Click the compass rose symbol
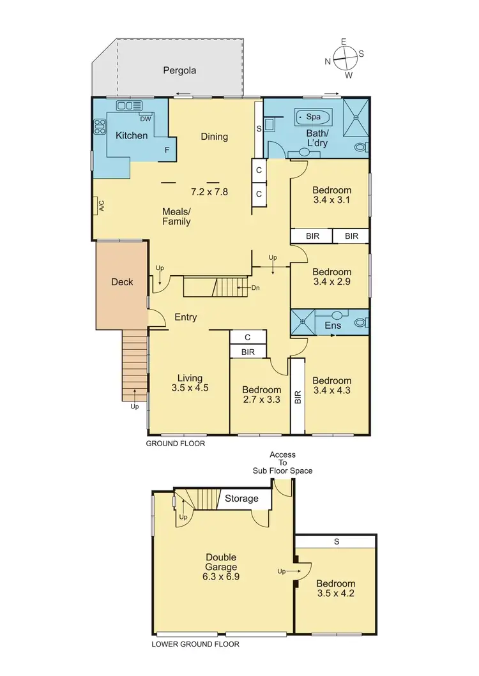tap(344, 57)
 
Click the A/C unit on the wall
tap(100, 206)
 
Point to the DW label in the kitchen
tap(144, 118)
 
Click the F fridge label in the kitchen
tap(167, 151)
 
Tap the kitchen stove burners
tap(100, 127)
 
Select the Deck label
tap(122, 282)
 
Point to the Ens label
tap(333, 326)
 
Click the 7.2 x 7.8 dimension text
tap(209, 191)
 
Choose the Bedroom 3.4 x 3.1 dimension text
tap(331, 200)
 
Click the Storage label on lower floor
tap(241, 499)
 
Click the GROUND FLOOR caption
tap(176, 443)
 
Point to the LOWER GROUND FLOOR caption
tap(195, 644)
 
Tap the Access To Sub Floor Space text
tap(282, 463)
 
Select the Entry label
tap(185, 317)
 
